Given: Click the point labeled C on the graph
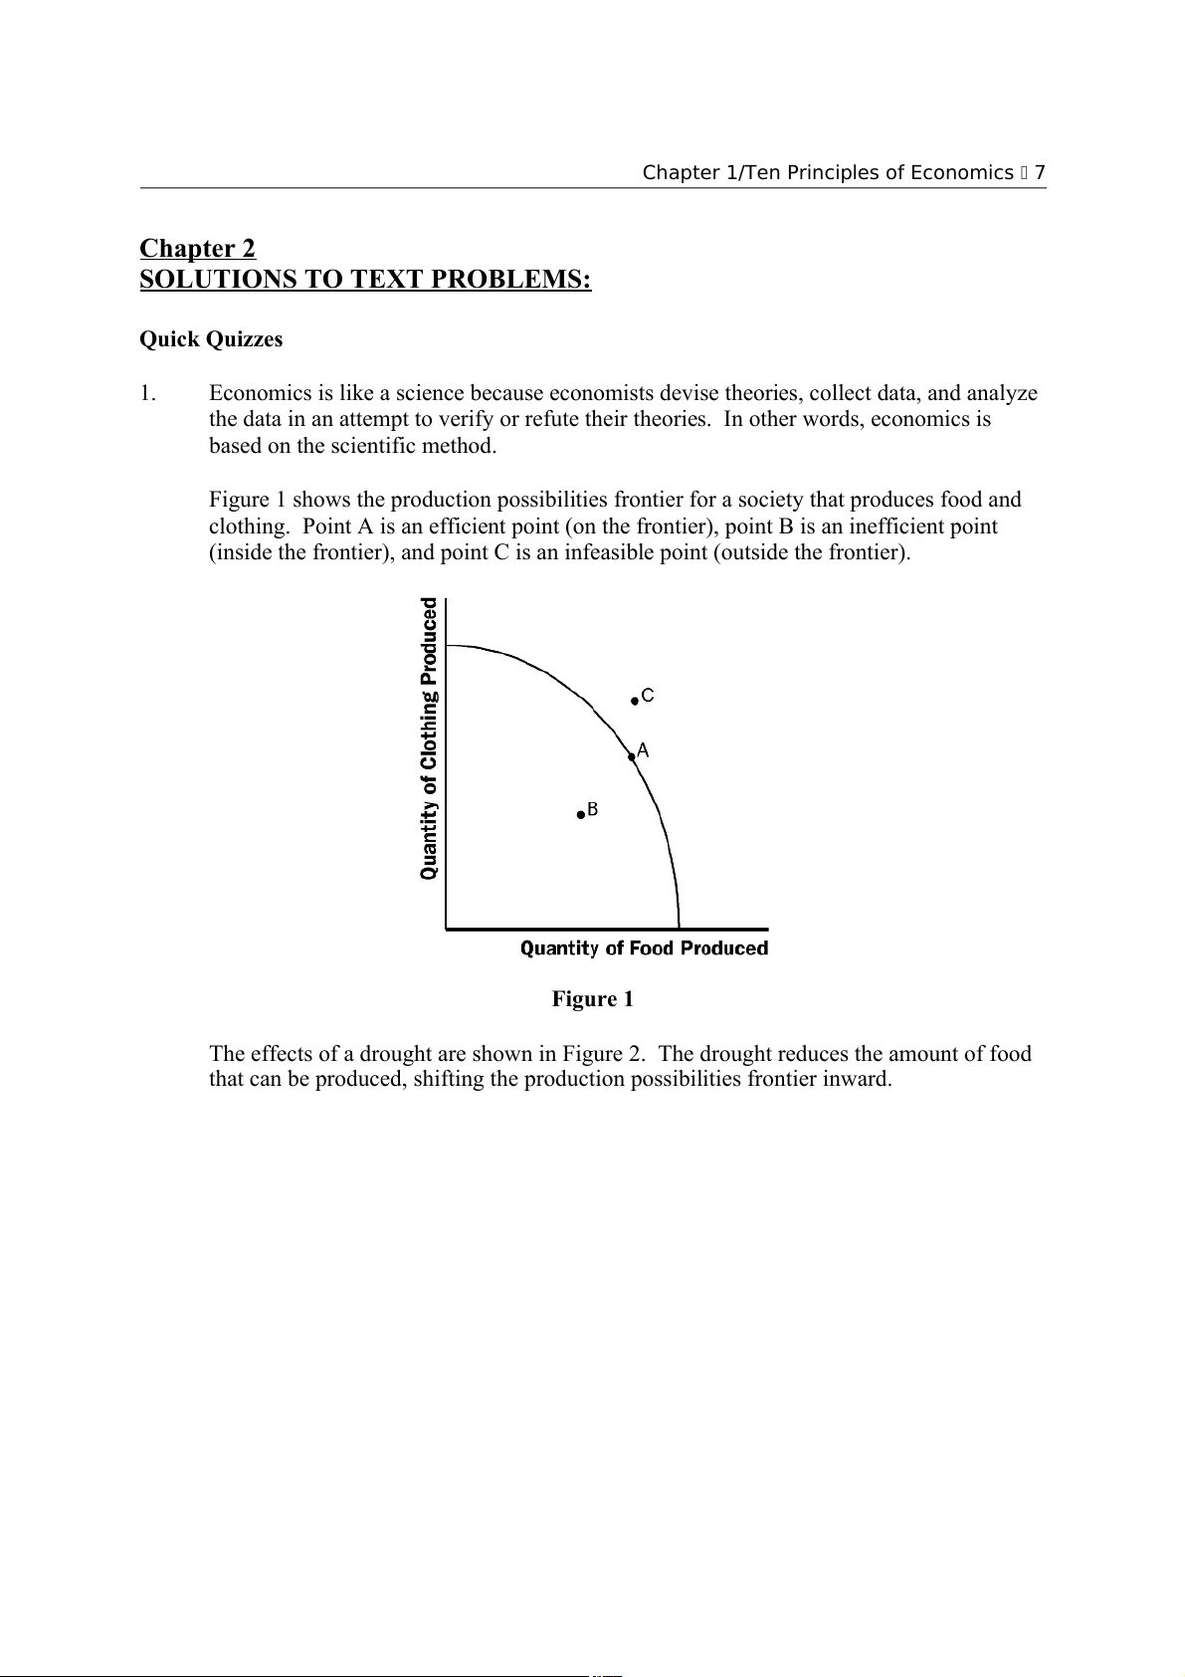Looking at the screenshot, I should click(635, 701).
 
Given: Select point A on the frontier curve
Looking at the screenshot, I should click(632, 756).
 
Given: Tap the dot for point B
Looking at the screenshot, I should click(581, 814).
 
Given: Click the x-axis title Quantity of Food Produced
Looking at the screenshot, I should click(644, 948).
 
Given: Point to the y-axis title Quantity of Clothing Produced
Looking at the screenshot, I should click(429, 738).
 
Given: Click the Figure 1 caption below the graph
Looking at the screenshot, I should click(592, 999).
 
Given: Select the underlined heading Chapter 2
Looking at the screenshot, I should click(197, 248).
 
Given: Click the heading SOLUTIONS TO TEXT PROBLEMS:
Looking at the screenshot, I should click(365, 280).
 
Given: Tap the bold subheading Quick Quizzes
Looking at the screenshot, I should click(211, 339).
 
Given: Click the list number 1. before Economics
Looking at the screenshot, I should click(147, 393).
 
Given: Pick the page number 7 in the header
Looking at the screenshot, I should click(1040, 173).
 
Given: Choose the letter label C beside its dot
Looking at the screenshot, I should click(648, 696).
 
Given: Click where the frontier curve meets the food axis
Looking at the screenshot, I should click(679, 928).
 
